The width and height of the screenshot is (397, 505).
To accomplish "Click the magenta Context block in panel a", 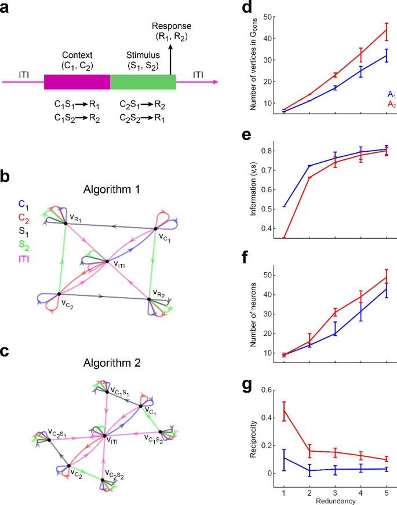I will click(77, 82).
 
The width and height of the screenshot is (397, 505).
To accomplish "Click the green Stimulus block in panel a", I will click(143, 82).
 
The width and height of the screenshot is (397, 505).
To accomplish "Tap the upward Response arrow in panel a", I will click(170, 60).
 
